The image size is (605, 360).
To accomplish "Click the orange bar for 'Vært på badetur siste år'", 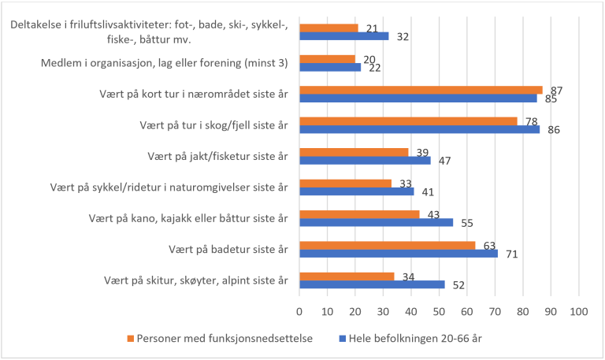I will tap(388, 245).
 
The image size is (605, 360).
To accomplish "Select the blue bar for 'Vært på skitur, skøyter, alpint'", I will tap(373, 284).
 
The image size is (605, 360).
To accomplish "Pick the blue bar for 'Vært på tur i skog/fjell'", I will tap(420, 129).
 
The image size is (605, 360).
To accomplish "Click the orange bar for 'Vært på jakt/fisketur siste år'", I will tap(354, 151).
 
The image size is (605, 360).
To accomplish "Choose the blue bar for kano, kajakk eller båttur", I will tap(377, 223).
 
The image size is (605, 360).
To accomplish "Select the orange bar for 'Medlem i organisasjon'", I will tap(328, 59).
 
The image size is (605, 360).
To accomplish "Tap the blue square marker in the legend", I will tap(342, 339).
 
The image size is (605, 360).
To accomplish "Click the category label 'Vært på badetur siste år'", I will tap(228, 250).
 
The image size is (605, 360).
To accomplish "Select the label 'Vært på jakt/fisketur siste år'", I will tap(217, 156).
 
